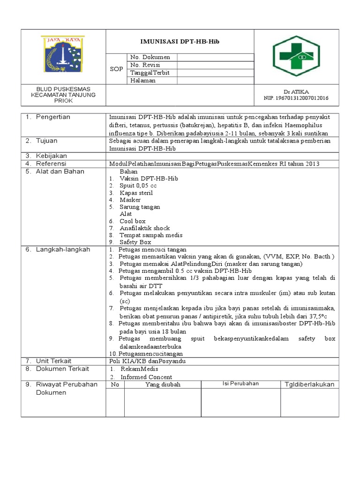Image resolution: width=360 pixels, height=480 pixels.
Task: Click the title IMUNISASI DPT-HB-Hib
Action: [x=180, y=42]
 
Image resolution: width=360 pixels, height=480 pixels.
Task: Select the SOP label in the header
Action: [x=116, y=69]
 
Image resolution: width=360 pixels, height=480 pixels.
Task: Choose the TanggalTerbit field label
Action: [x=150, y=73]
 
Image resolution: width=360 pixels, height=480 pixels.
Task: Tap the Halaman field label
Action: [x=143, y=81]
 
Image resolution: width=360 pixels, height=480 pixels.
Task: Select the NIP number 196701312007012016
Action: [x=296, y=98]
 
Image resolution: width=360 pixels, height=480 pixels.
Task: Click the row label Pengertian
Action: [x=53, y=117]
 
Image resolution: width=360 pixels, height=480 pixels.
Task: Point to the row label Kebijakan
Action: [x=52, y=156]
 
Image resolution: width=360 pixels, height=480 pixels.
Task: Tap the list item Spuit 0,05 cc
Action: [x=138, y=186]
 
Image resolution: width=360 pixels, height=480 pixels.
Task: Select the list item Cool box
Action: [x=133, y=221]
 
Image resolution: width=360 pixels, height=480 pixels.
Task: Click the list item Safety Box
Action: [x=135, y=242]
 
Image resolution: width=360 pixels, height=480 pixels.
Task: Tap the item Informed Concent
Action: [x=146, y=377]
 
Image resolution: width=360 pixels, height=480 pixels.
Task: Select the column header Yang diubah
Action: [x=163, y=384]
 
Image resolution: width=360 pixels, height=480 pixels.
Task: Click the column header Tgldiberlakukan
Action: [x=309, y=384]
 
